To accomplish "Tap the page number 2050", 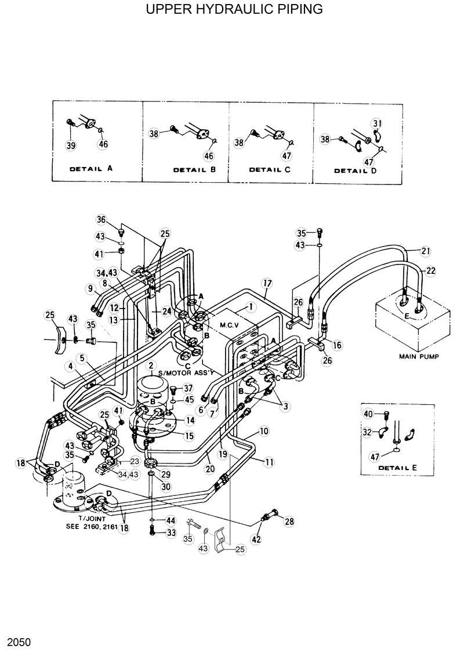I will pyautogui.click(x=19, y=643).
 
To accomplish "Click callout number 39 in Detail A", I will pyautogui.click(x=71, y=146).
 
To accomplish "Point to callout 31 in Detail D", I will pyautogui.click(x=378, y=123).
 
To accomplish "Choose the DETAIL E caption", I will pyautogui.click(x=397, y=467).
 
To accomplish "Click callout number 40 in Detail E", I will pyautogui.click(x=368, y=414).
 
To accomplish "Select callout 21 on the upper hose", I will pyautogui.click(x=426, y=251).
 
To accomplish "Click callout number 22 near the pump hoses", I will pyautogui.click(x=432, y=270).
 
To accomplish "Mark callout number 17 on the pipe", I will pyautogui.click(x=267, y=284).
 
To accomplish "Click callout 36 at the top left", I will pyautogui.click(x=101, y=219).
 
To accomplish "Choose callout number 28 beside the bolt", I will pyautogui.click(x=289, y=521).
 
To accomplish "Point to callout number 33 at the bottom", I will pyautogui.click(x=171, y=533).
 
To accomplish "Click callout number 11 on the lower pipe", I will pyautogui.click(x=269, y=462).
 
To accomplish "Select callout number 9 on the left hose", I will pyautogui.click(x=90, y=288).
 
